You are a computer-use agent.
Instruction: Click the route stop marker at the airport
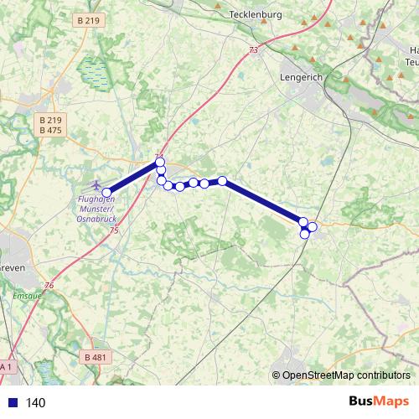(106, 193)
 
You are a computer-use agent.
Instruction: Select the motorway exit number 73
(253, 51)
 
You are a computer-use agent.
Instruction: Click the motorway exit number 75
(114, 230)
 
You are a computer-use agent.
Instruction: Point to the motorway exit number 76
(49, 286)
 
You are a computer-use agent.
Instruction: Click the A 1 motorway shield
(6, 366)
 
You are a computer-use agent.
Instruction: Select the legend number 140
(36, 402)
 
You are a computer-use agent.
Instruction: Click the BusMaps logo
(380, 401)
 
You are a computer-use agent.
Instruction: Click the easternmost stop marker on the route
(313, 226)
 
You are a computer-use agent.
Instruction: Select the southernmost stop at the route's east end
(305, 234)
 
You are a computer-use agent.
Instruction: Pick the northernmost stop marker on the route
(161, 162)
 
